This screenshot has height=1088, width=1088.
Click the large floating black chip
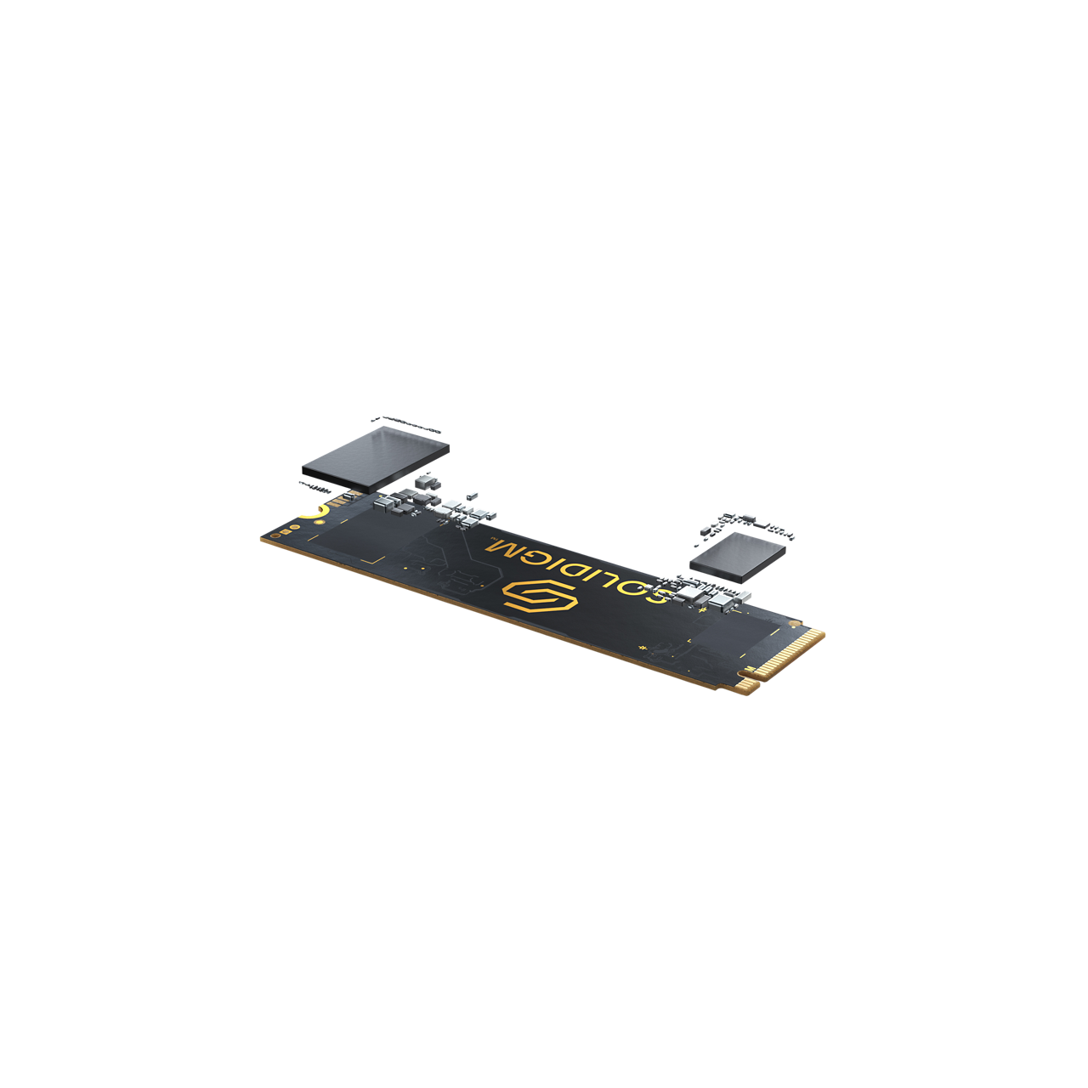coord(376,458)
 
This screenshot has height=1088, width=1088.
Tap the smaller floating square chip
coord(738,557)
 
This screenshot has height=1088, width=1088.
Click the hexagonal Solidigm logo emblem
coord(540,598)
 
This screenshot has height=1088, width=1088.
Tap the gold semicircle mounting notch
coord(314,513)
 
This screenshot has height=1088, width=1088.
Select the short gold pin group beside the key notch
coord(745,685)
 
